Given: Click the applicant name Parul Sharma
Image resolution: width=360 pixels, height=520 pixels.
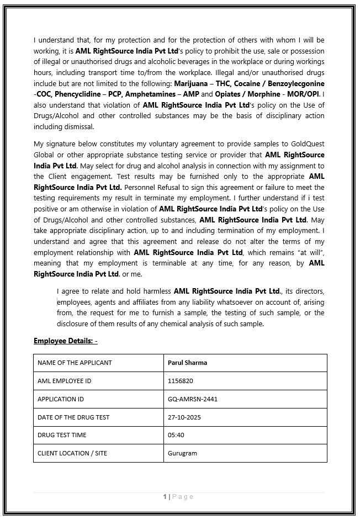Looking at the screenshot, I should [188, 363].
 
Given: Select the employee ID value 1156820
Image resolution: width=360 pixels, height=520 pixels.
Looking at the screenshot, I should [181, 381].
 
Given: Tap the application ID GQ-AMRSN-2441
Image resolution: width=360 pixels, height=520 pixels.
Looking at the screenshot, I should [193, 399].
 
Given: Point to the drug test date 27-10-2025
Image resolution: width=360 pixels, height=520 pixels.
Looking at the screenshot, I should [184, 417].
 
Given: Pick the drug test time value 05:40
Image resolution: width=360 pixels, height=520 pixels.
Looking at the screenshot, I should [176, 435].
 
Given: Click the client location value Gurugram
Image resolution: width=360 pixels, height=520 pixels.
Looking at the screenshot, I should [182, 453].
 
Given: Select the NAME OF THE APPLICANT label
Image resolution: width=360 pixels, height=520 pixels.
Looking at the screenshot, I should [75, 363].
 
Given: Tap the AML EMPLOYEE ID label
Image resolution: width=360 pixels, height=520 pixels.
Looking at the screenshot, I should [65, 381].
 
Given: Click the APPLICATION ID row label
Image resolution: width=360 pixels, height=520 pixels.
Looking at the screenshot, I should [61, 399].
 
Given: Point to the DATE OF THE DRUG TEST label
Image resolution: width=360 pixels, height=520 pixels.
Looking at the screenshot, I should [73, 417].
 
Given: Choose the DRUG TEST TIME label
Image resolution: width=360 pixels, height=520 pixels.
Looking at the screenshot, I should [62, 435].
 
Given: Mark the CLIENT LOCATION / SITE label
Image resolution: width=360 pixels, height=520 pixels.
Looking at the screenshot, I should [72, 453].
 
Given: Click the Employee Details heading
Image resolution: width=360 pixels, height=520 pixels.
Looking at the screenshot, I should [65, 341].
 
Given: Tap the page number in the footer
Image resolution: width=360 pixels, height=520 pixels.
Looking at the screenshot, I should [165, 497].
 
